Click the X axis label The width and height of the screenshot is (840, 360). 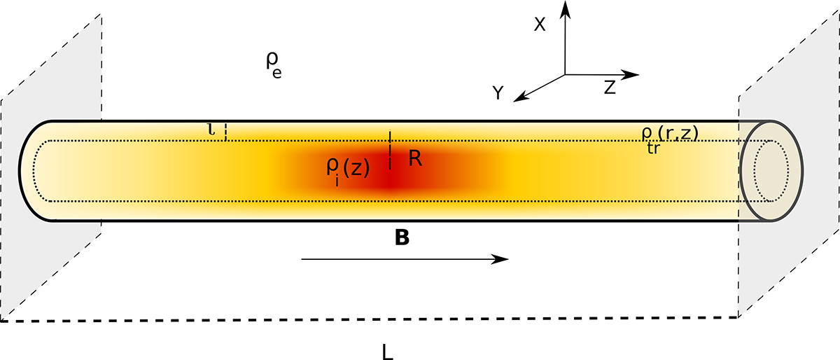click(540, 25)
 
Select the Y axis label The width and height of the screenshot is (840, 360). click(498, 92)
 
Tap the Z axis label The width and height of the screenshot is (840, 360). click(610, 88)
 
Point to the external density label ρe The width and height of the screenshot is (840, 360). click(273, 66)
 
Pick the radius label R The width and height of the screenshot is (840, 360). click(415, 160)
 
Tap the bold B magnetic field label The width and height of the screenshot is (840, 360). click(402, 238)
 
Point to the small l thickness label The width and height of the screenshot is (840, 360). click(211, 128)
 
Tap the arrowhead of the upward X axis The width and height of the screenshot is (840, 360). click(566, 8)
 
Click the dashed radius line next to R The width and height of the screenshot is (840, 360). click(390, 149)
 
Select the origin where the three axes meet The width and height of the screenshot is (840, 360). click(566, 74)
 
